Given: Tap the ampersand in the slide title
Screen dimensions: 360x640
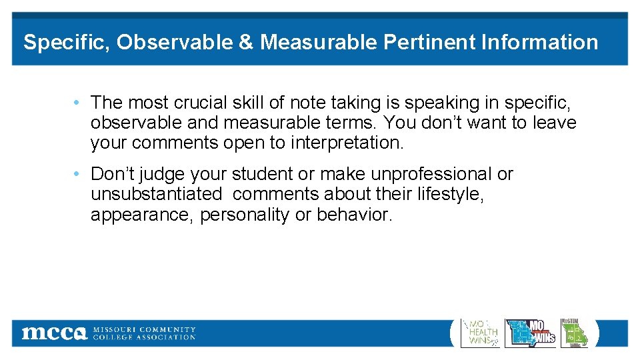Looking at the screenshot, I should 246,43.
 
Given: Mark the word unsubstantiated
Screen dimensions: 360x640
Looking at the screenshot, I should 156,195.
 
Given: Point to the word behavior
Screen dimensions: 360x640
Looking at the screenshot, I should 355,215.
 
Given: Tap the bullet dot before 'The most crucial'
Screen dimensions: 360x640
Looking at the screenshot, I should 78,103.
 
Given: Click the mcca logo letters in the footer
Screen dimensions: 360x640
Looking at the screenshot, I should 53,333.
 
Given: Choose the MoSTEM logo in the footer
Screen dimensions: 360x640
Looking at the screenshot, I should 574,333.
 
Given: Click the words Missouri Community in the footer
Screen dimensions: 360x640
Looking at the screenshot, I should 144,329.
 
